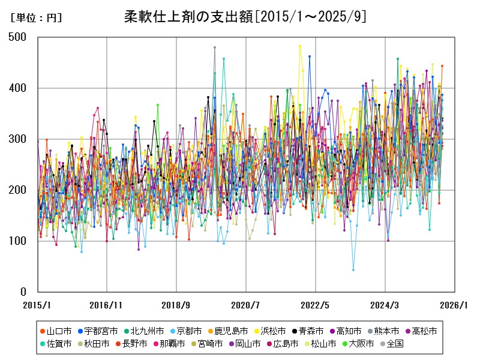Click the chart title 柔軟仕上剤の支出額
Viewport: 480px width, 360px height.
pyautogui.click(x=245, y=16)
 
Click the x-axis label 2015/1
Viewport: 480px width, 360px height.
pyautogui.click(x=37, y=305)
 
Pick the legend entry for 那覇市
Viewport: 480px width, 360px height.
pyautogui.click(x=182, y=344)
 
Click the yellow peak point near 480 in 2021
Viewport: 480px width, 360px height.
pyautogui.click(x=300, y=46)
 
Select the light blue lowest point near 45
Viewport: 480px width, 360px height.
pyautogui.click(x=353, y=270)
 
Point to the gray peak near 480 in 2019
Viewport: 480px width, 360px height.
pyautogui.click(x=214, y=47)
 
